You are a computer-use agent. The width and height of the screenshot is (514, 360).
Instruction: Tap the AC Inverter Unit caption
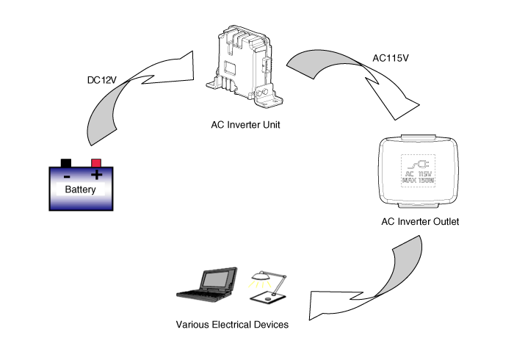245,125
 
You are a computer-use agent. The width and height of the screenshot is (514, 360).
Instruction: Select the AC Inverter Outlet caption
420,221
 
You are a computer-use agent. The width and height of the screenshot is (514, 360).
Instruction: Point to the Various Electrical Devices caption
232,324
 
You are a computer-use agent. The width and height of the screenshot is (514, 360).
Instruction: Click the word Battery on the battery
81,190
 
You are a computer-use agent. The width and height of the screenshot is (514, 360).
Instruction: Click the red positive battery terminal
95,163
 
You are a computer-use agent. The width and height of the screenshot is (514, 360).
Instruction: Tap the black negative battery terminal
66,163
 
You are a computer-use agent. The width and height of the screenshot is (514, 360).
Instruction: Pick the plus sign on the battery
95,176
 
